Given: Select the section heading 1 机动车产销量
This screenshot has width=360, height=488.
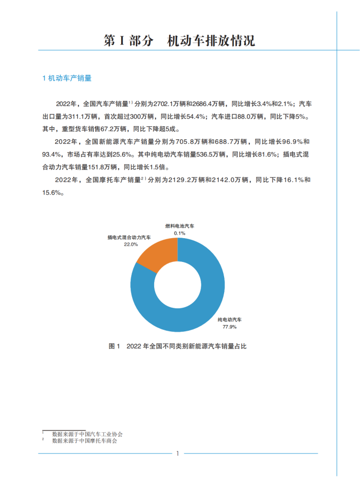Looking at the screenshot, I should click(x=67, y=78).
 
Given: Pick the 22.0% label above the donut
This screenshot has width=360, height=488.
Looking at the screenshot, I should click(x=131, y=244).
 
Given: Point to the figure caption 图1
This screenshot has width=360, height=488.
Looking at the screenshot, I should click(x=177, y=347).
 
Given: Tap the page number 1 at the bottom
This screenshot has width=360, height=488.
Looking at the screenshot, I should click(x=177, y=453).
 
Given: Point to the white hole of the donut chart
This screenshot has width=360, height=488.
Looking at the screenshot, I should click(x=177, y=286).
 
